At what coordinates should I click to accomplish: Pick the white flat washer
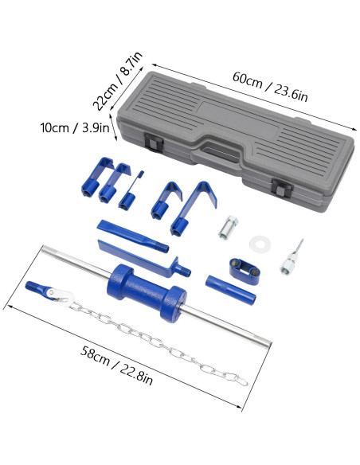pyautogui.click(x=259, y=241)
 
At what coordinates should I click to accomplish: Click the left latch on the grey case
pyautogui.click(x=154, y=143)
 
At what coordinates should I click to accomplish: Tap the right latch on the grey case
pyautogui.click(x=282, y=189)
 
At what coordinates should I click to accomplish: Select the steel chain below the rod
pyautogui.click(x=159, y=334)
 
